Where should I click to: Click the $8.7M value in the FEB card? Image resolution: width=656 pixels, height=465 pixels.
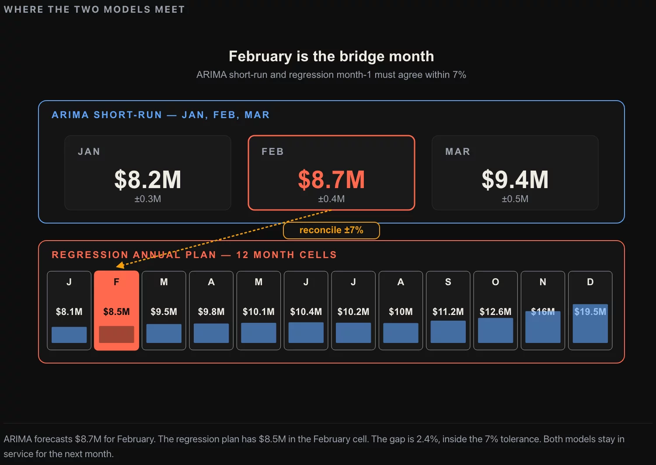[331, 179]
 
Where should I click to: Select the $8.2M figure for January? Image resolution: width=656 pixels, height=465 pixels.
[148, 179]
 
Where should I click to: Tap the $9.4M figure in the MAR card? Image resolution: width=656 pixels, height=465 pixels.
[515, 179]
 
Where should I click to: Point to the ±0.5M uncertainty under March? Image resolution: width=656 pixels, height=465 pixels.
[515, 199]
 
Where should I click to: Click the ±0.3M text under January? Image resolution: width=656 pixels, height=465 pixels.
[148, 199]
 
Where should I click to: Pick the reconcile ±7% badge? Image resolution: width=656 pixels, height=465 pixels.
[331, 230]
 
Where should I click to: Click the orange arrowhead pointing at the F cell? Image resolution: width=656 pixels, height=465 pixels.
[120, 265]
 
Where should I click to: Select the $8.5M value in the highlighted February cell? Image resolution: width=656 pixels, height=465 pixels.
[116, 311]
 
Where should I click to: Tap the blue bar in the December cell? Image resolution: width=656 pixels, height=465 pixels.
[590, 323]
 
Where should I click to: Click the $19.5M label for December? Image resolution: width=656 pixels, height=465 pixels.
[590, 311]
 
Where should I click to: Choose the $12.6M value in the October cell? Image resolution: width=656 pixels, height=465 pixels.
[495, 311]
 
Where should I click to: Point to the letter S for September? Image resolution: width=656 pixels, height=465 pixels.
[448, 282]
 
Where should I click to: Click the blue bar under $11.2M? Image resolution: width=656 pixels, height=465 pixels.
[448, 332]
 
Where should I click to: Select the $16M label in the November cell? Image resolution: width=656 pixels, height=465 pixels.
[543, 311]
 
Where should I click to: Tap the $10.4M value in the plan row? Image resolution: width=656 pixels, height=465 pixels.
[306, 311]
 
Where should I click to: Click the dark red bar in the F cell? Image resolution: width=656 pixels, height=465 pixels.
[116, 334]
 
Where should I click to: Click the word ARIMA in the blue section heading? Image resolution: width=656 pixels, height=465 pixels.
[70, 115]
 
